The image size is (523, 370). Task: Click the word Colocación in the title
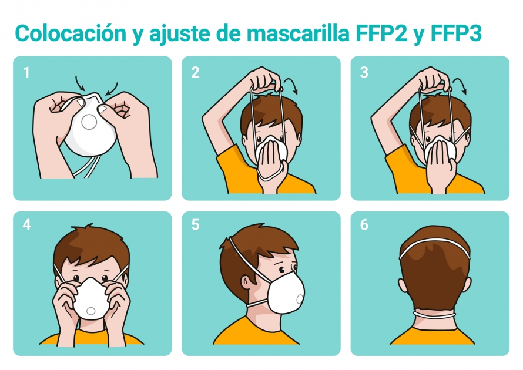click(x=71, y=33)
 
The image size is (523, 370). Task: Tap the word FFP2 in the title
click(x=381, y=33)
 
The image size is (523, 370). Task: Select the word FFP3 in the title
click(x=456, y=33)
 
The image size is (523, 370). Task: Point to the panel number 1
click(x=26, y=73)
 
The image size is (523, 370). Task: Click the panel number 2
click(x=195, y=72)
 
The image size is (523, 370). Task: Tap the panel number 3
click(x=364, y=72)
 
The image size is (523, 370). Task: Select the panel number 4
click(x=26, y=225)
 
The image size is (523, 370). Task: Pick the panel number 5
click(x=195, y=225)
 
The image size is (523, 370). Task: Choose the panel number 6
click(x=364, y=225)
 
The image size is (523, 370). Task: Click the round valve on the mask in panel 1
click(x=89, y=122)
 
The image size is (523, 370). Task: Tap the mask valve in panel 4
click(x=90, y=311)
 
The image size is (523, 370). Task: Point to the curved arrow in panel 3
click(x=461, y=83)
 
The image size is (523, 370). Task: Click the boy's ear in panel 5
click(x=246, y=284)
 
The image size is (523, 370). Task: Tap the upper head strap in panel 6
click(x=434, y=241)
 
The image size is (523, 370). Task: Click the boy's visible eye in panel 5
click(x=282, y=270)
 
